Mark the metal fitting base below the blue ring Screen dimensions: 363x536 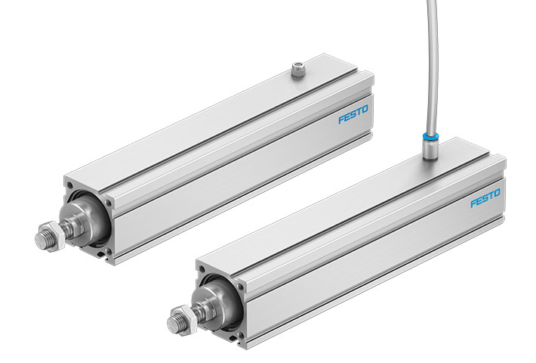427,150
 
